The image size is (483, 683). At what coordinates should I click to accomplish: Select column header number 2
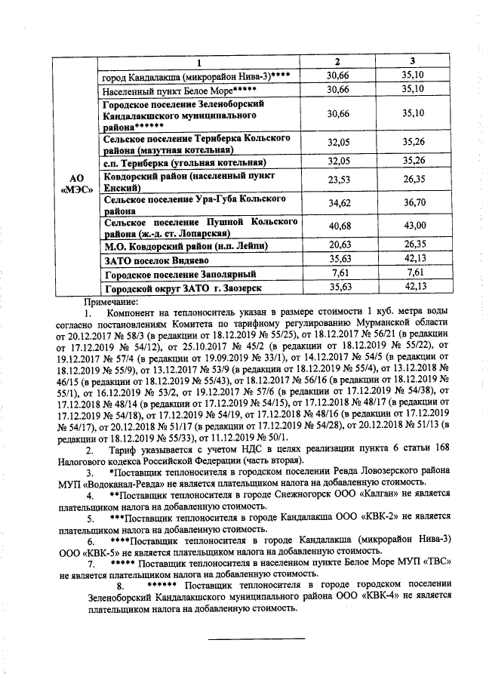click(337, 60)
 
